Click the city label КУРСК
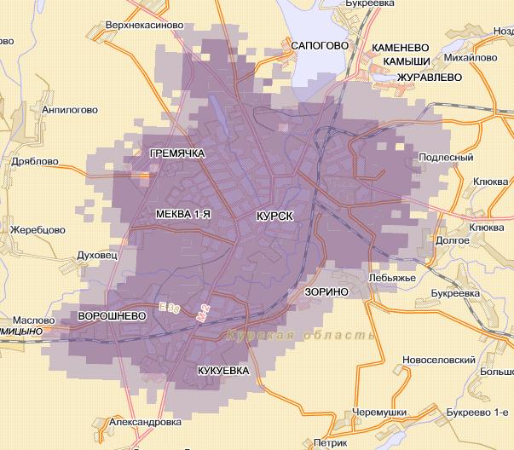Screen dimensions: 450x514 274,217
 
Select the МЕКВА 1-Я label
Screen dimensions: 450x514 182,215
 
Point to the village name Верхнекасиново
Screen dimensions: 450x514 143,25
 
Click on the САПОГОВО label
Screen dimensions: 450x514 321,44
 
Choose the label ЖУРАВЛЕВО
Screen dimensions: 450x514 430,77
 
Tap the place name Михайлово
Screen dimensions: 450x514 471,58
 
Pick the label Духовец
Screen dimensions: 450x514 96,254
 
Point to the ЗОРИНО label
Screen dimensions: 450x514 326,291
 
